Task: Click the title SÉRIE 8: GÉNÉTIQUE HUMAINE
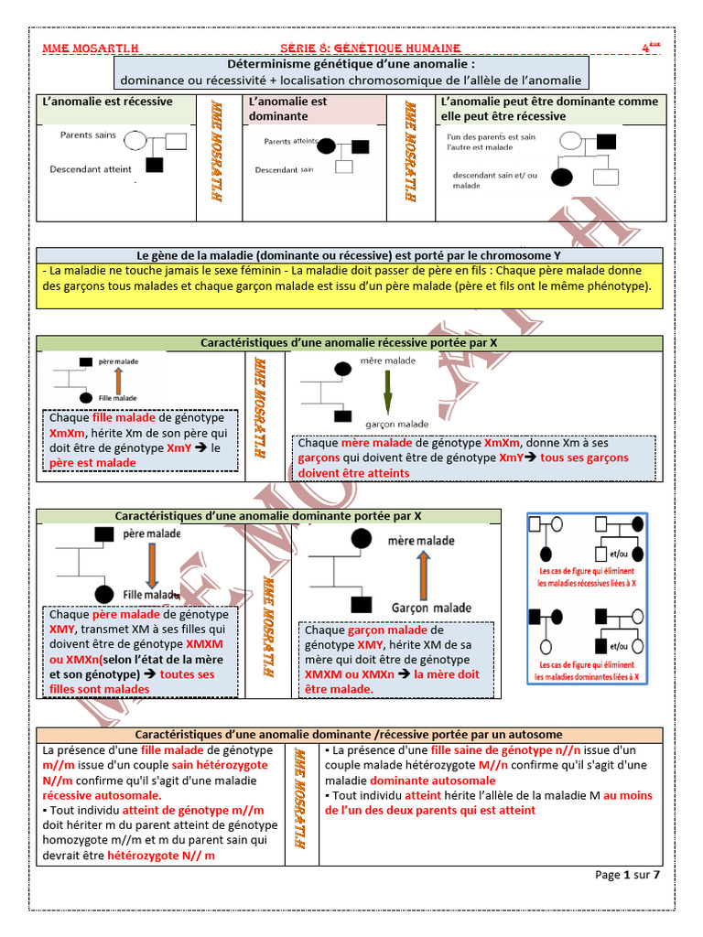tap(369, 48)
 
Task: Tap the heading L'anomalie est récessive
tap(108, 102)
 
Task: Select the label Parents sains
tap(89, 135)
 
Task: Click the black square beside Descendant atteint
tap(155, 166)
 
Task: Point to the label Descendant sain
tap(284, 169)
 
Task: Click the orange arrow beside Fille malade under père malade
tap(117, 380)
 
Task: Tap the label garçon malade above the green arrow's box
tap(396, 424)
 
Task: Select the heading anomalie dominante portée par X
tap(268, 516)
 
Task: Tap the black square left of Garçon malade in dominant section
tap(362, 603)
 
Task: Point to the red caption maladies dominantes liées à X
tap(587, 678)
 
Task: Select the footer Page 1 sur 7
tap(627, 875)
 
